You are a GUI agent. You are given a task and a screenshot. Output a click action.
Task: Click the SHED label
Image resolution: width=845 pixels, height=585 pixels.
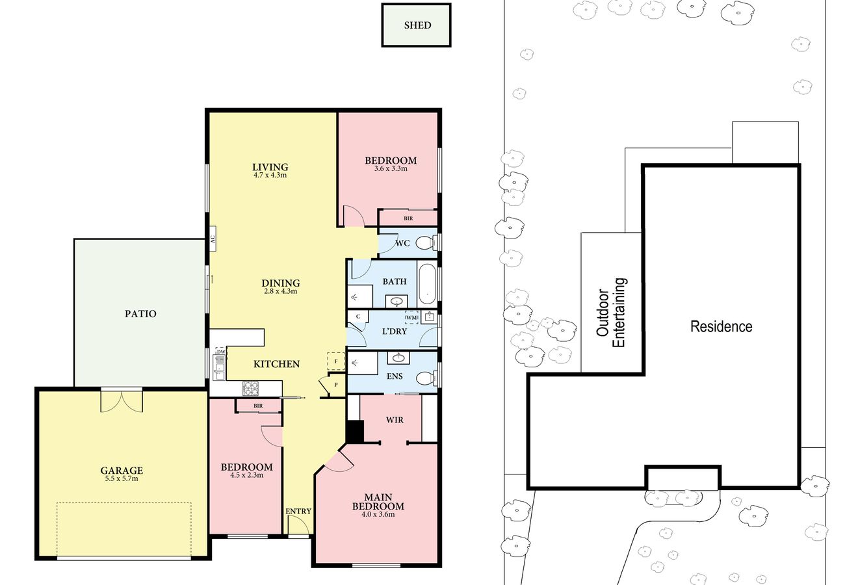(417, 25)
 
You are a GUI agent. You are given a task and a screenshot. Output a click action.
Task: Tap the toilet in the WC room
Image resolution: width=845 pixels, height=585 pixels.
(426, 243)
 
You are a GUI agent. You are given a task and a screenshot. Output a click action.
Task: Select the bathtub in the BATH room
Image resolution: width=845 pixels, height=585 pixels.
(427, 283)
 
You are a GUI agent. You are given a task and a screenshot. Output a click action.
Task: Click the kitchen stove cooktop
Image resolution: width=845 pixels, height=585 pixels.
(250, 388)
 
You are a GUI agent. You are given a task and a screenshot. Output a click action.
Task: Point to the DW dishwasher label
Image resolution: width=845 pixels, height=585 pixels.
(221, 352)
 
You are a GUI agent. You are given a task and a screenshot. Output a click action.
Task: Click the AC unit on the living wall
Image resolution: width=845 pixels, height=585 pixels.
(213, 239)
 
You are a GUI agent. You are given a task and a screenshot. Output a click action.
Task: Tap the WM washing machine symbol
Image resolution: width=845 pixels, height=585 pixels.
(411, 318)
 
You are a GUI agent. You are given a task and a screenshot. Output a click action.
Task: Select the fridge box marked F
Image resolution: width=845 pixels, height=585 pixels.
(336, 361)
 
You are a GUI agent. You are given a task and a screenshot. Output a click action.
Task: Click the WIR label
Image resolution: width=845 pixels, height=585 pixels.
(395, 420)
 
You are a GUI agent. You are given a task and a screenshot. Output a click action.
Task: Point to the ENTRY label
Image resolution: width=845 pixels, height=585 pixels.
(298, 511)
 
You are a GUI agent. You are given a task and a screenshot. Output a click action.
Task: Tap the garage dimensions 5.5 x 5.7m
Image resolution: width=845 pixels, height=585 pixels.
(122, 478)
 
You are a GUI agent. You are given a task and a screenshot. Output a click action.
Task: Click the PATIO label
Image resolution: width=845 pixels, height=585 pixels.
(140, 313)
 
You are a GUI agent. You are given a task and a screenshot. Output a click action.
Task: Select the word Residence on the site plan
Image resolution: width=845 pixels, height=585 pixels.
(721, 326)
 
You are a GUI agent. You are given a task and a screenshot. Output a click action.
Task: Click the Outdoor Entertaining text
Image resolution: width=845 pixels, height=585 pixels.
(611, 313)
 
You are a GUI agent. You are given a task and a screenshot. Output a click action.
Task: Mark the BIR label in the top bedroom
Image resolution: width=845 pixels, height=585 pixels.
(408, 218)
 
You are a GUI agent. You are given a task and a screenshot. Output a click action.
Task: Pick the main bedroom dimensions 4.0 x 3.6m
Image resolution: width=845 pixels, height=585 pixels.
(378, 514)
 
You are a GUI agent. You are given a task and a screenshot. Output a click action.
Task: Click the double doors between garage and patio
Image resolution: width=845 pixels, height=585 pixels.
(122, 400)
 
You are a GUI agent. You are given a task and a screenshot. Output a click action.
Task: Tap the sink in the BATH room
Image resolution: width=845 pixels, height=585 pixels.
(396, 302)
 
